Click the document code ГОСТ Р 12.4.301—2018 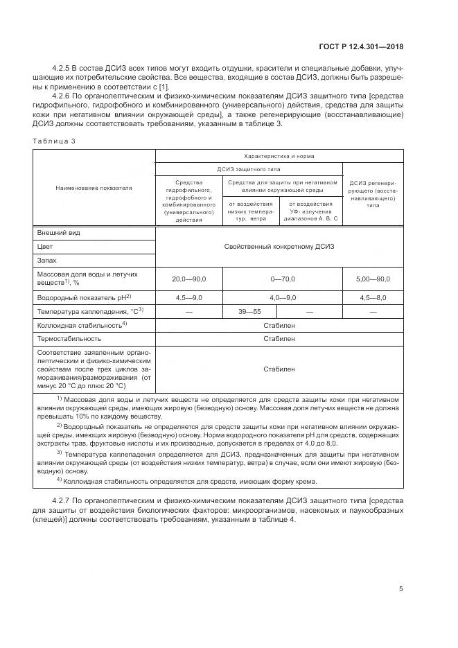coord(361,46)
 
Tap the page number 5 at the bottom coord(401,589)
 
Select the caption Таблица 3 coord(53,141)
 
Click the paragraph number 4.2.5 coord(64,69)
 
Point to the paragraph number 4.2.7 coord(64,500)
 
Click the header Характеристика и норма coord(279,157)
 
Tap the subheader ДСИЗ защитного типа coord(249,168)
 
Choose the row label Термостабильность coord(69,338)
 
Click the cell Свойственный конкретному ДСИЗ coord(279,246)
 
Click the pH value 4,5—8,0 coord(373,297)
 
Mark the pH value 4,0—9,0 coord(282,297)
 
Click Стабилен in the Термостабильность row coord(279,338)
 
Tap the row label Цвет coord(46,246)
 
